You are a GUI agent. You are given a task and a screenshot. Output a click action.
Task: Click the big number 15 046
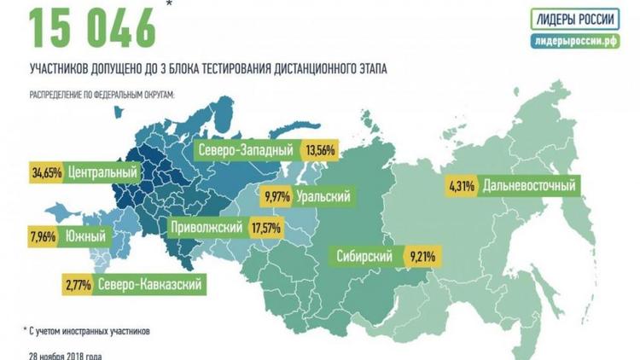point(94,27)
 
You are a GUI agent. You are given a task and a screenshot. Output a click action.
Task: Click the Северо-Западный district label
point(246,150)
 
